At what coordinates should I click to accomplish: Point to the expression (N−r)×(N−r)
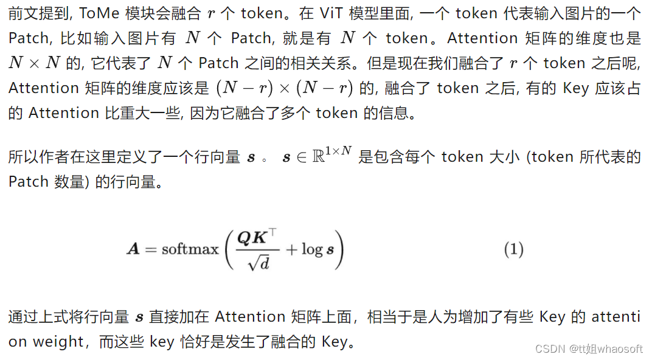pyautogui.click(x=285, y=88)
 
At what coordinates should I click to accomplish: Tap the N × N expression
pyautogui.click(x=36, y=63)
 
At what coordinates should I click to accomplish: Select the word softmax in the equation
pyautogui.click(x=190, y=249)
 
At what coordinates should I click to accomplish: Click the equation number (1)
pyautogui.click(x=513, y=249)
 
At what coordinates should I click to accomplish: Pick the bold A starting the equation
pyautogui.click(x=133, y=249)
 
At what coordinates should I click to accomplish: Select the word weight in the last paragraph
pyautogui.click(x=58, y=342)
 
